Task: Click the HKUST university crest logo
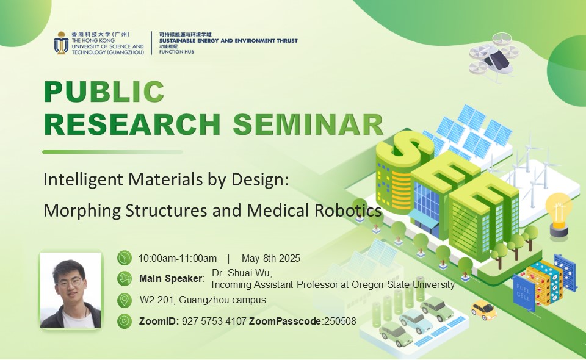click(61, 43)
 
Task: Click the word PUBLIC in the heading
click(104, 91)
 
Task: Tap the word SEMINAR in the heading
click(308, 124)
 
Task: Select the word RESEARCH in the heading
click(132, 124)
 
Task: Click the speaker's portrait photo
click(71, 290)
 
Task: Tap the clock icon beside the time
click(125, 258)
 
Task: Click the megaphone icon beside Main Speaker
click(125, 279)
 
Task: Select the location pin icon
click(125, 300)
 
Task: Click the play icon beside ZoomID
click(125, 321)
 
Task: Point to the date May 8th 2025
click(271, 259)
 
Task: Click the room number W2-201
click(157, 300)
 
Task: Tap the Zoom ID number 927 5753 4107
click(214, 321)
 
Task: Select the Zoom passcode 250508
click(340, 321)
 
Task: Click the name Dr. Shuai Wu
click(242, 273)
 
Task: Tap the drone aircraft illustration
click(494, 57)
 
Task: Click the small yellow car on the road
click(483, 310)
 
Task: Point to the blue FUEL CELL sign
click(523, 292)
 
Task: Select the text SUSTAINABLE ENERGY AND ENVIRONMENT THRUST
click(228, 41)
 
